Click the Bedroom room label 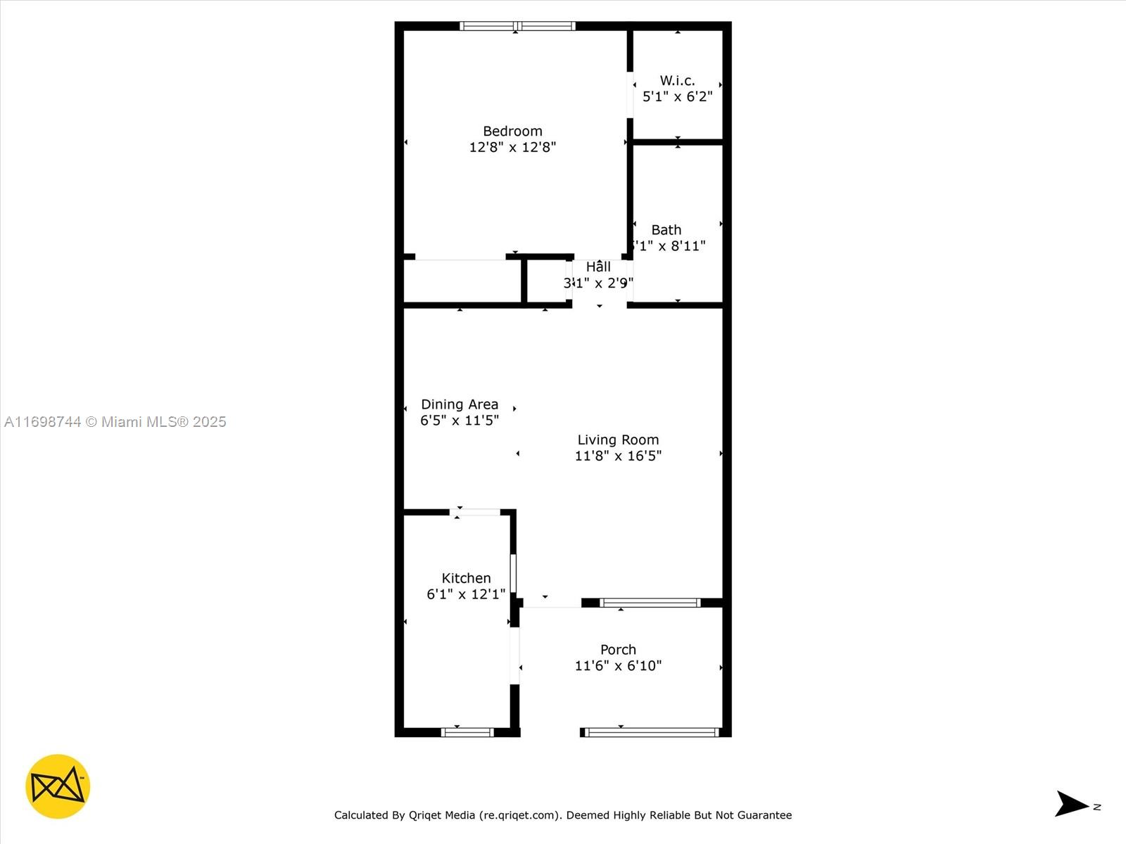point(512,131)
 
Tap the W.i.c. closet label point(677,81)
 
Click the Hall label point(598,267)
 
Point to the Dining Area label point(460,404)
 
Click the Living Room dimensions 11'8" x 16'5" point(618,456)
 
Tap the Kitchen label point(466,578)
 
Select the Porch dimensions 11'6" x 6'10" point(618,665)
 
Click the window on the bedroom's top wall point(517,26)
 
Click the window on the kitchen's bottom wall point(467,732)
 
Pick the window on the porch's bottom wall point(652,732)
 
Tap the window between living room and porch point(650,603)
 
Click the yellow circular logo point(58,786)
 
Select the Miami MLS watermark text point(115,422)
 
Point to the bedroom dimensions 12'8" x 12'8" point(512,147)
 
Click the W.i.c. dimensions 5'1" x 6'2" point(677,97)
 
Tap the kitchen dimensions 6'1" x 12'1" point(466,594)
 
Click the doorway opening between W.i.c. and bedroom point(630,94)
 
